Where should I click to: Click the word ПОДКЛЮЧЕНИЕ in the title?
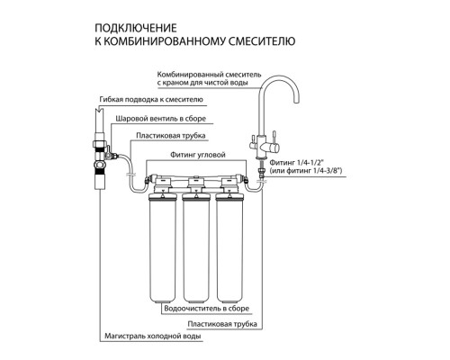136,28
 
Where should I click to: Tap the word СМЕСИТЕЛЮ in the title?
262,40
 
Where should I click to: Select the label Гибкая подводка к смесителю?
151,99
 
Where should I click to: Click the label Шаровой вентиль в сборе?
161,119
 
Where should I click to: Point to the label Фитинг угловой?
198,155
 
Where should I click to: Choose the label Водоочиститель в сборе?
207,309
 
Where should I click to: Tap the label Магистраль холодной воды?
152,336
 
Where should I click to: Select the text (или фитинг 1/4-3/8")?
306,171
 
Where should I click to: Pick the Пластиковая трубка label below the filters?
222,324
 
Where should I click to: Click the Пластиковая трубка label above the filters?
171,136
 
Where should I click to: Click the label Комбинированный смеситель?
209,75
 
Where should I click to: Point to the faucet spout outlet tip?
296,103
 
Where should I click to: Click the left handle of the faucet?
253,140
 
